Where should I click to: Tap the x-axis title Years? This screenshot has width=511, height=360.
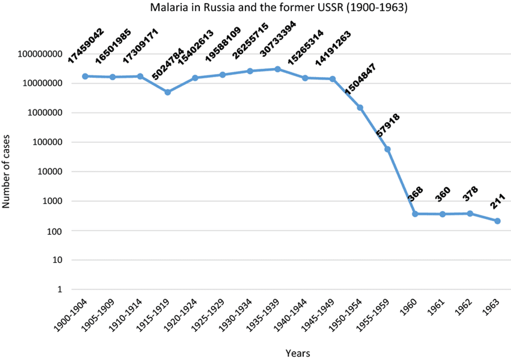298,352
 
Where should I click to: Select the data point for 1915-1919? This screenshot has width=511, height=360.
168,92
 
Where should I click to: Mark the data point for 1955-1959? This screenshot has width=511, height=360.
387,149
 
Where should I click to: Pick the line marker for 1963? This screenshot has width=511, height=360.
497,221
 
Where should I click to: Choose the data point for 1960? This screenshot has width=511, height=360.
415,214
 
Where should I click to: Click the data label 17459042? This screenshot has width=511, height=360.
86,45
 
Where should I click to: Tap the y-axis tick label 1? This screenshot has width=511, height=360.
60,290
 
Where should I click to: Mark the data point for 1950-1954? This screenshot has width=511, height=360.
360,108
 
